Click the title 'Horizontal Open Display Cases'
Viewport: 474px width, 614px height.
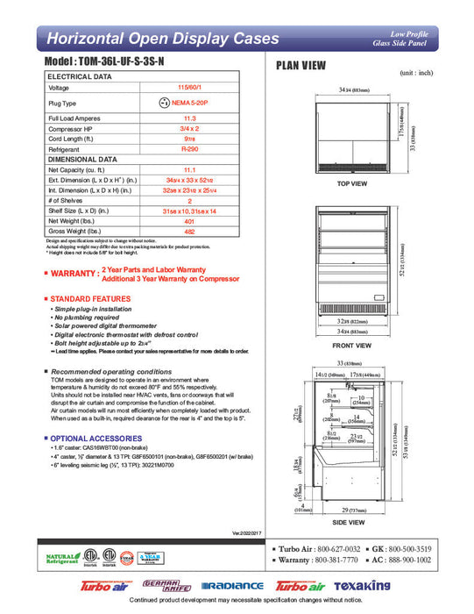coord(162,39)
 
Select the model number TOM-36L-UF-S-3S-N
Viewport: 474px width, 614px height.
coord(117,65)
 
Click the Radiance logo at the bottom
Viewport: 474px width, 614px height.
coord(232,586)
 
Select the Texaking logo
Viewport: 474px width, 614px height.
coord(358,586)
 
